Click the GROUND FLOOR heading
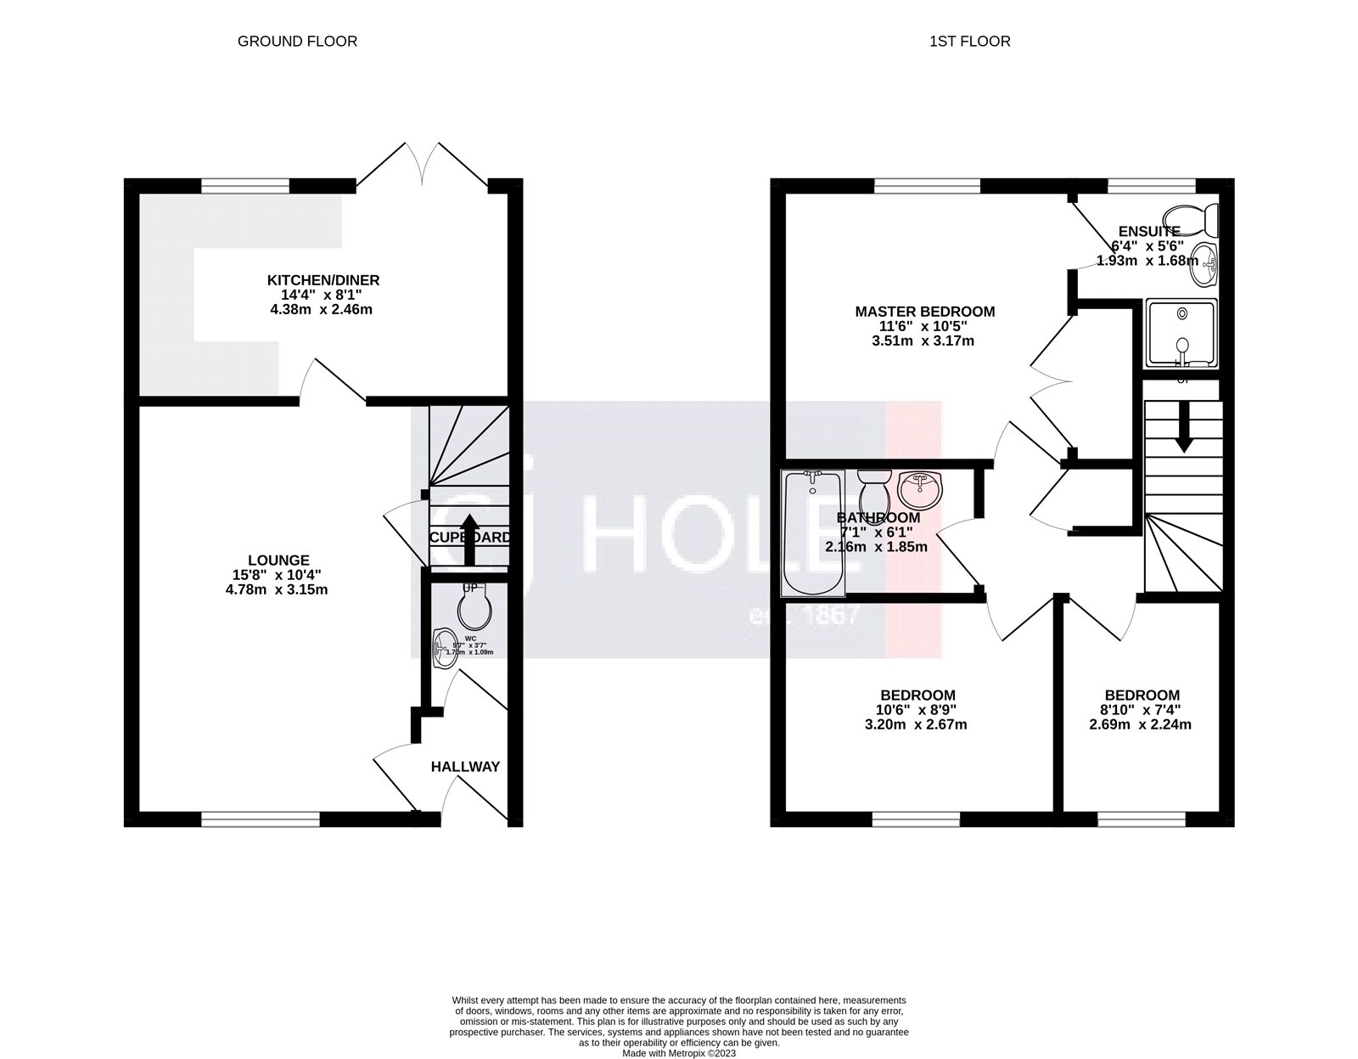(297, 41)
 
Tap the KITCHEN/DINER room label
(323, 280)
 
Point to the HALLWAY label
(465, 767)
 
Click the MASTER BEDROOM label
(924, 312)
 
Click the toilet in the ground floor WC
(473, 607)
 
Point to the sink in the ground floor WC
(442, 650)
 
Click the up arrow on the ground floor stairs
(468, 538)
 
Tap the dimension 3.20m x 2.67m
(917, 724)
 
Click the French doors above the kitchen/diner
(423, 163)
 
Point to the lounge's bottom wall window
(260, 819)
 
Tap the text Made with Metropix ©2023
(679, 1053)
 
